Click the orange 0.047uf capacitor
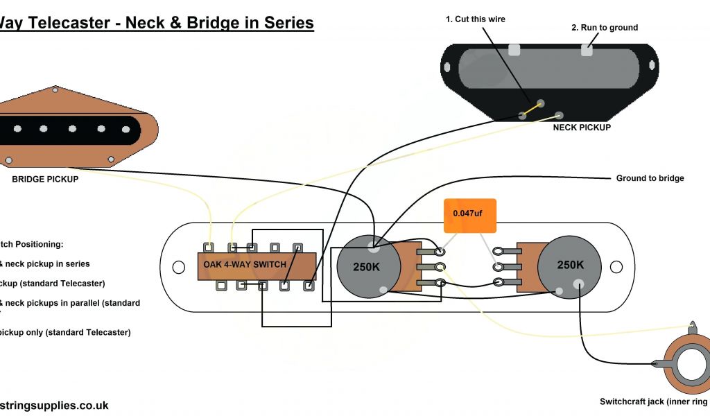tap(471, 216)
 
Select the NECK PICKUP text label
tap(582, 128)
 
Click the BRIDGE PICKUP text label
tap(45, 179)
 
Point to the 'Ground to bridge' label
tap(650, 178)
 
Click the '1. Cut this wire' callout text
tap(475, 19)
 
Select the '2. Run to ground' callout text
tap(604, 28)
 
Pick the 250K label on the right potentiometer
tap(571, 265)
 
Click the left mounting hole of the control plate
tap(179, 267)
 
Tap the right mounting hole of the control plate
tap(616, 266)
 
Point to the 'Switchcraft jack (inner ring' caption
tap(654, 401)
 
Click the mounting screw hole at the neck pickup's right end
tap(652, 65)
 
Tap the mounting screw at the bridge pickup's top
tap(53, 89)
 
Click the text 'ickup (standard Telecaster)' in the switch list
tap(52, 284)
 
